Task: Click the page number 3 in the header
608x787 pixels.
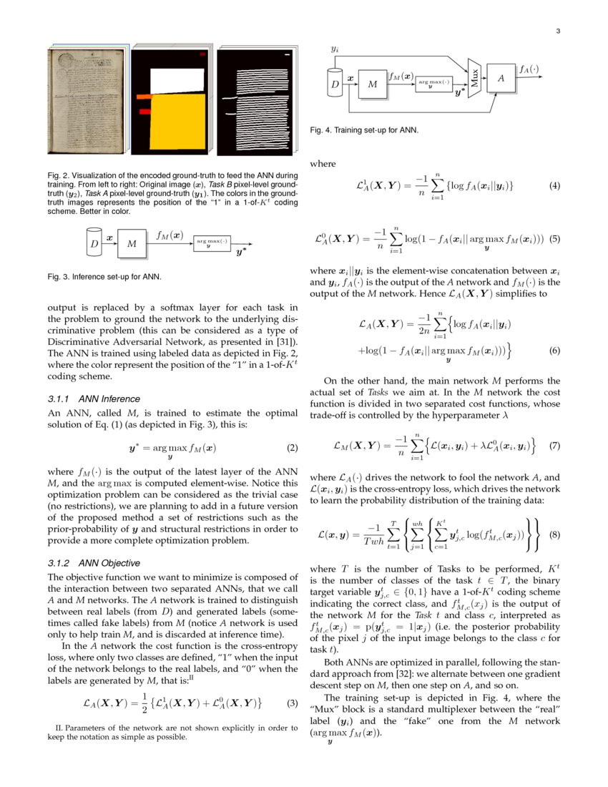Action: pyautogui.click(x=557, y=31)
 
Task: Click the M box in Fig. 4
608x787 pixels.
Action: pyautogui.click(x=372, y=84)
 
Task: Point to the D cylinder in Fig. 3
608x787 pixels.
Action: pyautogui.click(x=94, y=243)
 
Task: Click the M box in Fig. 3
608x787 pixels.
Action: pyautogui.click(x=132, y=244)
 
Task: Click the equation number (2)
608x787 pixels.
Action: pyautogui.click(x=291, y=449)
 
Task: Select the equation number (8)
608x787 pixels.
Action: pyautogui.click(x=554, y=534)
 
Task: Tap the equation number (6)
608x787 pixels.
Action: pyautogui.click(x=554, y=351)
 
